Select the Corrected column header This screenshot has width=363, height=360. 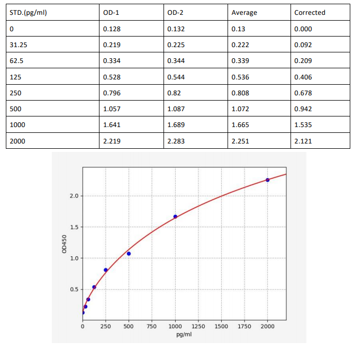310,13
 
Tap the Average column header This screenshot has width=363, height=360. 244,13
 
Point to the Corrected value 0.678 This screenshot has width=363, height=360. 303,93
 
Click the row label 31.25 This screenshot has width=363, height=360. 19,45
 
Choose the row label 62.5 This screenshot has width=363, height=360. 17,61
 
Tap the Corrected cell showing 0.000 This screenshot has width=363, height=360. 303,29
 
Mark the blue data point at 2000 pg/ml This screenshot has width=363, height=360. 268,180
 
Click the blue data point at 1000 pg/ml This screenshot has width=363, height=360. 175,217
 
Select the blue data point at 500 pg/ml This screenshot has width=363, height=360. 129,254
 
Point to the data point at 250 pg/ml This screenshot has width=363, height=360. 106,270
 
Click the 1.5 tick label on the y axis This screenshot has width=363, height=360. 73,227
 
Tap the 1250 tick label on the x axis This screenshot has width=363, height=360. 198,326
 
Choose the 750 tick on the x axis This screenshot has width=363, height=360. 152,326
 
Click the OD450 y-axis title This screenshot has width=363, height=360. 65,244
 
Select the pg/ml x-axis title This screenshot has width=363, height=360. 184,335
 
